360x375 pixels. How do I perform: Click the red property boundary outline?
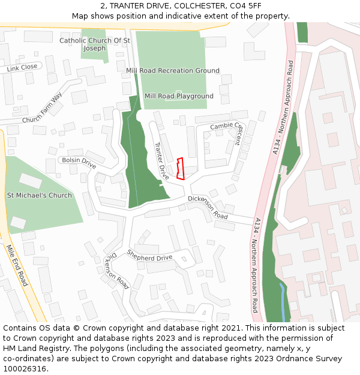pos(180,169)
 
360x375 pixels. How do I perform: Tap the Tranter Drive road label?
pos(161,161)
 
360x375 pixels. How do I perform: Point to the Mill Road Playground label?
pos(179,96)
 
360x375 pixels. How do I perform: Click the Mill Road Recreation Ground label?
pos(173,71)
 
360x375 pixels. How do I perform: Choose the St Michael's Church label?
pos(39,195)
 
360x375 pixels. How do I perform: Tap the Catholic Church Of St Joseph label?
pos(95,44)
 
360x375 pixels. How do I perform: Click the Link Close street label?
pos(22,68)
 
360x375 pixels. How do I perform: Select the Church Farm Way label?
pos(42,109)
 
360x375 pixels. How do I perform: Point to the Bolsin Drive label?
pos(79,162)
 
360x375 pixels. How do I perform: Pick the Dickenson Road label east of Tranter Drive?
pos(208,207)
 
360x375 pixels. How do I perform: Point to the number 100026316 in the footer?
pos(25,368)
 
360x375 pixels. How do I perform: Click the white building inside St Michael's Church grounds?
pos(31,180)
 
